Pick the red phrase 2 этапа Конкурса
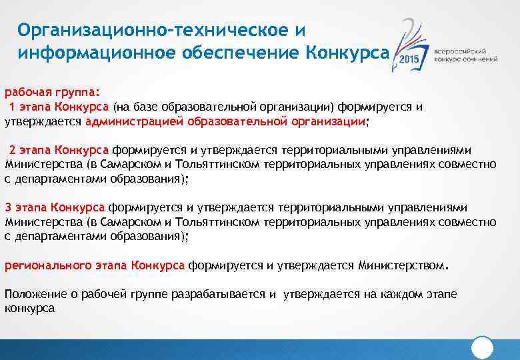[x=59, y=149]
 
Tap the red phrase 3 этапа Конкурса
[x=55, y=207]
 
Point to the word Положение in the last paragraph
[x=33, y=294]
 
